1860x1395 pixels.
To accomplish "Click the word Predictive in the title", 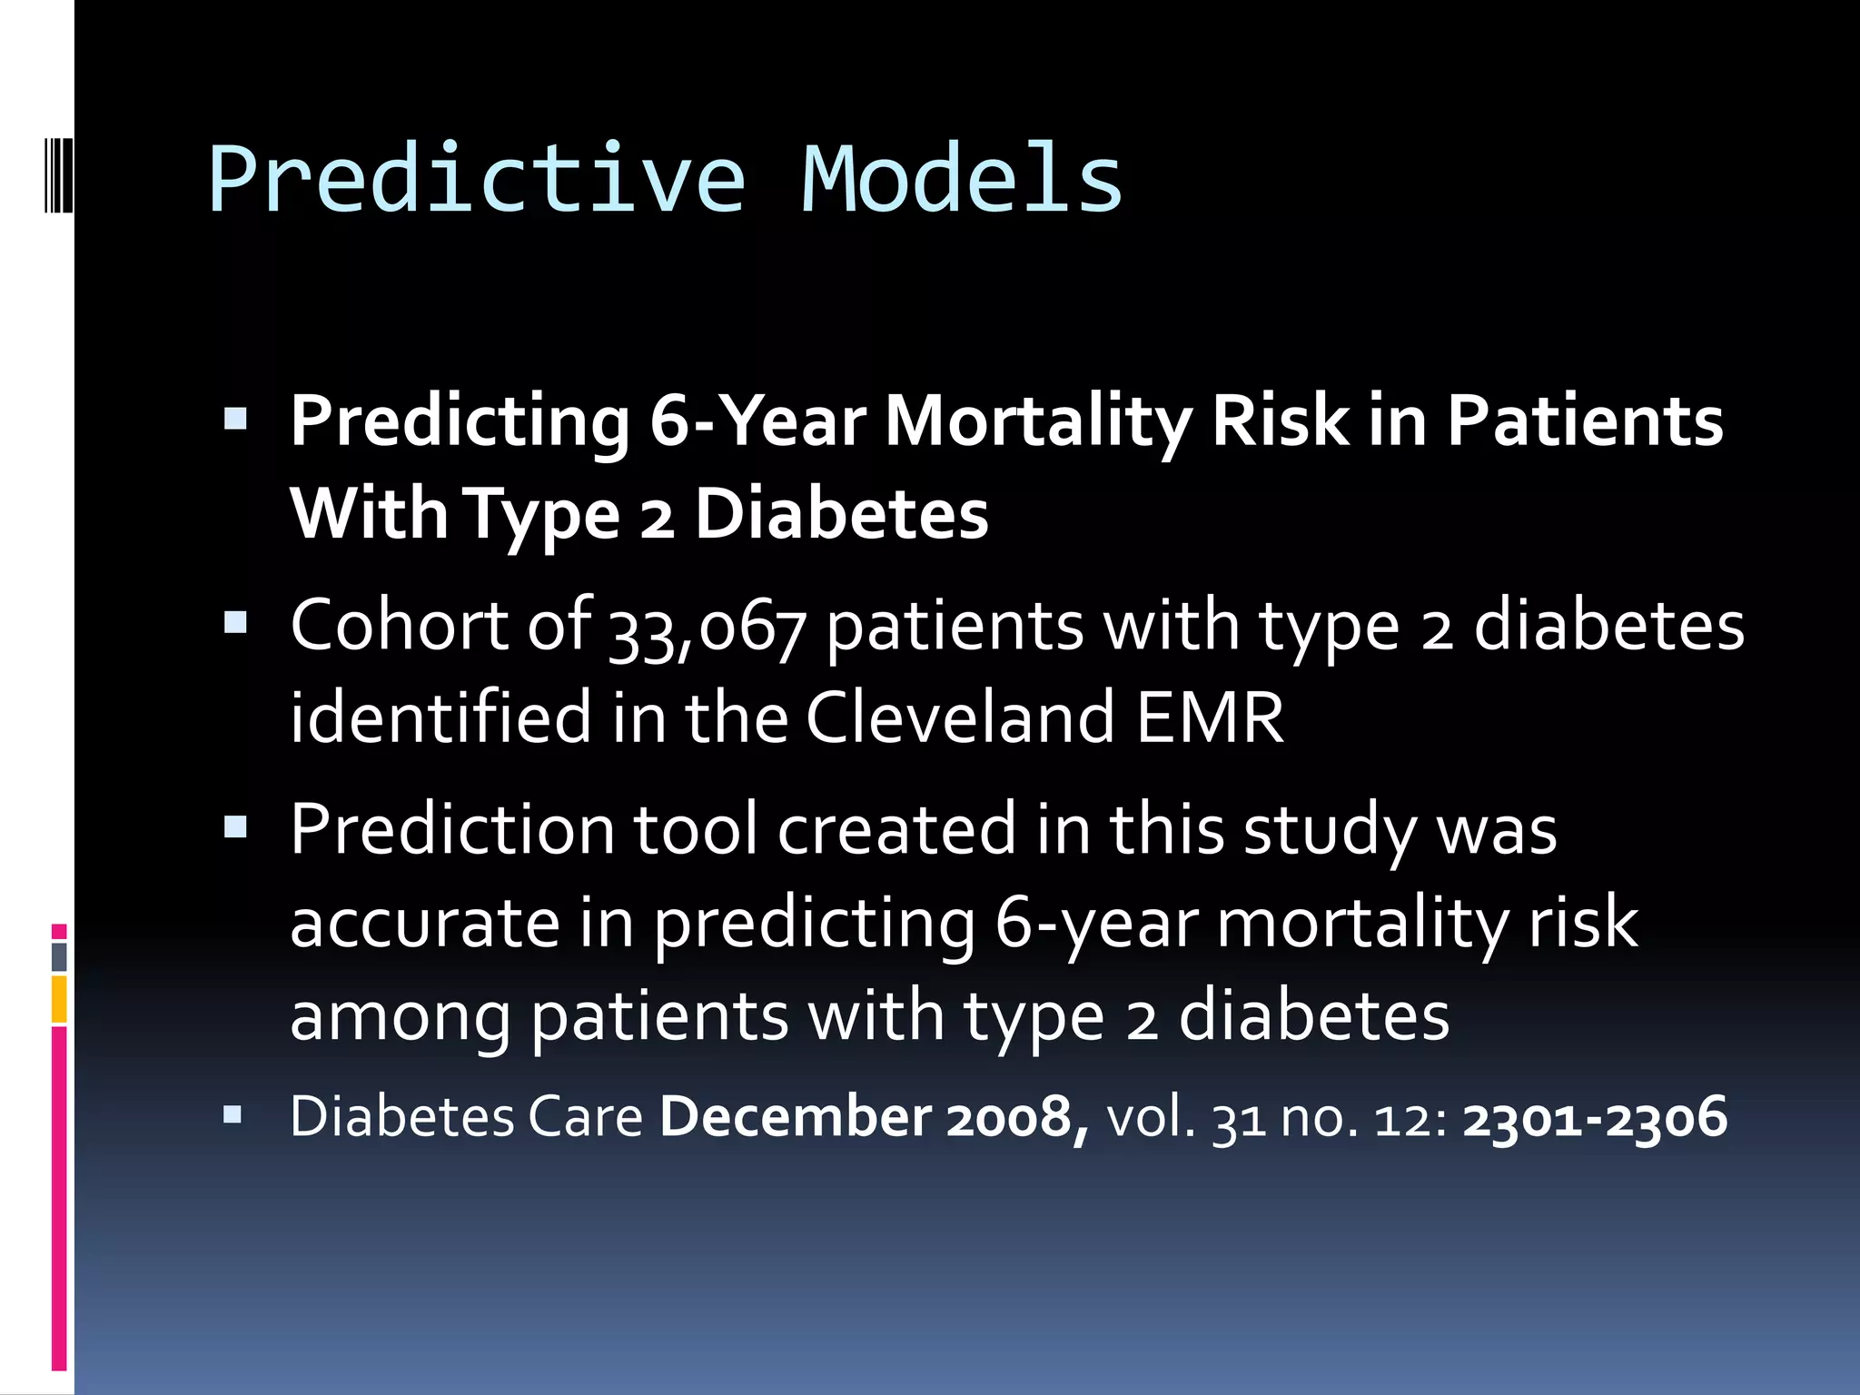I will [477, 180].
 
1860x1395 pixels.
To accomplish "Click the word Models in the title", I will [962, 180].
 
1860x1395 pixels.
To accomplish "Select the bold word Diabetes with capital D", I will [841, 515].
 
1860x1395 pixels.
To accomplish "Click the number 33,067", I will [707, 628].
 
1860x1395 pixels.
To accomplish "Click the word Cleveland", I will [960, 717].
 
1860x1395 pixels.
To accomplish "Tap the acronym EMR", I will [1210, 717].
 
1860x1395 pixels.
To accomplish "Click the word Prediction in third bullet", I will [451, 830].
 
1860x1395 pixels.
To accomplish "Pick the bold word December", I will [795, 1117].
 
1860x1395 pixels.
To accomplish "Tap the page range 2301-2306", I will [1594, 1117].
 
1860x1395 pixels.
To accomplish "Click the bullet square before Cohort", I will [235, 623].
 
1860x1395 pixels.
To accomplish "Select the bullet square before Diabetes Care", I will [232, 1114].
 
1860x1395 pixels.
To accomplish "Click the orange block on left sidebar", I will [59, 999].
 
